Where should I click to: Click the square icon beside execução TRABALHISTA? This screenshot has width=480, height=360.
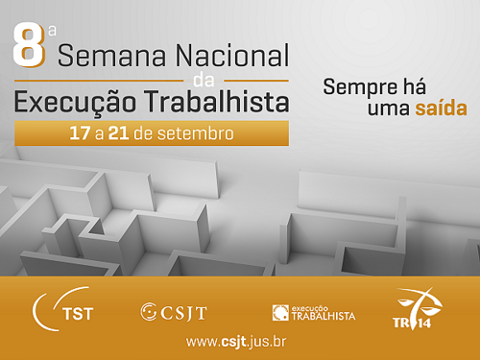pyautogui.click(x=279, y=312)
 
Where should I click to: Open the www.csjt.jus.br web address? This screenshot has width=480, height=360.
pyautogui.click(x=235, y=342)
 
